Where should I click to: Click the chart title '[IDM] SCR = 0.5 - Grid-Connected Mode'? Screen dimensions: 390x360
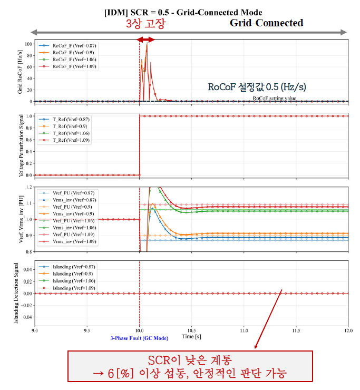(x=183, y=12)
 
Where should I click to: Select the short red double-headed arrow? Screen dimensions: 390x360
(x=145, y=40)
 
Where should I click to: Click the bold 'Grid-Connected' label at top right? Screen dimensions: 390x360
(x=266, y=23)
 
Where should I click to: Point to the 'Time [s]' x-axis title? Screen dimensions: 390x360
(x=191, y=336)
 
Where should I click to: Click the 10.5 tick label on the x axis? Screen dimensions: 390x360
(x=191, y=330)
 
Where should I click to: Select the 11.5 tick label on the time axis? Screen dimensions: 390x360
(x=296, y=330)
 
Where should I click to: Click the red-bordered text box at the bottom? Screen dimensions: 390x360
(x=217, y=366)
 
